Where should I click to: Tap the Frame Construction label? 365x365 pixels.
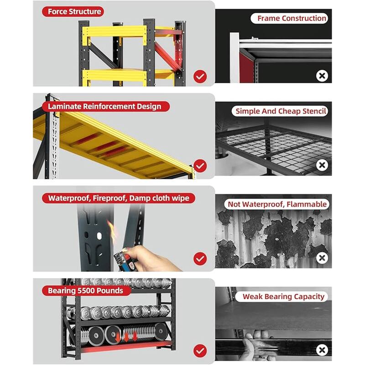tap(292, 18)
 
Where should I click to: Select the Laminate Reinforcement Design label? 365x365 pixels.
tap(105, 106)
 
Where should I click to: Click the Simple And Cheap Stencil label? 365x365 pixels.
tap(282, 111)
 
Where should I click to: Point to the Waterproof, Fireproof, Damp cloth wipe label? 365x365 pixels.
tap(119, 198)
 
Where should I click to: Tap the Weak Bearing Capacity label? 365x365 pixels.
tap(283, 297)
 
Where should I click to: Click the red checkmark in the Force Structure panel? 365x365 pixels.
tap(200, 76)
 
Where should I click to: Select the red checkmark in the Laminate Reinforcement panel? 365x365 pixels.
tap(200, 165)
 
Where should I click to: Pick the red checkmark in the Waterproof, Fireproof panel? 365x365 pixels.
tap(200, 259)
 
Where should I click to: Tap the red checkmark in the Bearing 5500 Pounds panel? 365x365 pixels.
tap(200, 351)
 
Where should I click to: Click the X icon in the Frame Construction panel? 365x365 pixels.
tap(322, 76)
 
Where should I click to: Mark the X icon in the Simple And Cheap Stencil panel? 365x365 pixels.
tap(322, 165)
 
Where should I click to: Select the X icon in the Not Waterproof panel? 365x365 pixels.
tap(322, 258)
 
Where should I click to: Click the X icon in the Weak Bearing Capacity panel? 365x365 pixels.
tap(322, 350)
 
